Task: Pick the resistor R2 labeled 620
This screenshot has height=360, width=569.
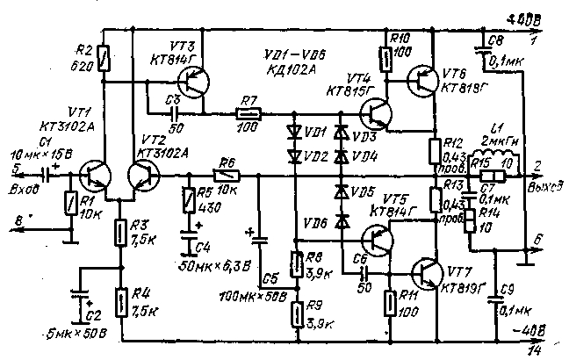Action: pos(104,59)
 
